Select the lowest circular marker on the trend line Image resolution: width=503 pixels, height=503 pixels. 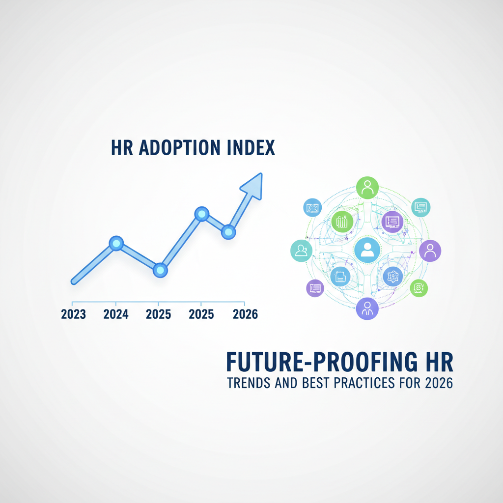tap(161, 270)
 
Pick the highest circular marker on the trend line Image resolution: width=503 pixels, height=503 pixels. tap(202, 214)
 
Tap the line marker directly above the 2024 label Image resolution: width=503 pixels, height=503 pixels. tap(116, 244)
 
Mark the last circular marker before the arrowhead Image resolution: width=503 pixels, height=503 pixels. tap(228, 232)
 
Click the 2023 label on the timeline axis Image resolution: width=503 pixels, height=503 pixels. tap(74, 314)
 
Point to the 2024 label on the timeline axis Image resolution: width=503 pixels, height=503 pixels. tap(116, 314)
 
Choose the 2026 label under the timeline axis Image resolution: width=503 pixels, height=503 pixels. tap(246, 314)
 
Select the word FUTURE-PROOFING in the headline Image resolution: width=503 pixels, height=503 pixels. tap(322, 362)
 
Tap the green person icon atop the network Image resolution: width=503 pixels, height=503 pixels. tap(367, 188)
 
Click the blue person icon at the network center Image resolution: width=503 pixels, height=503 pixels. tap(367, 250)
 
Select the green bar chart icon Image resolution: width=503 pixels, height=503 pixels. tap(342, 222)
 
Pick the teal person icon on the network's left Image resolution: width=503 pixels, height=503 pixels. tap(301, 251)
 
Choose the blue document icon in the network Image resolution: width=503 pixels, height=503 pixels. tap(340, 276)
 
